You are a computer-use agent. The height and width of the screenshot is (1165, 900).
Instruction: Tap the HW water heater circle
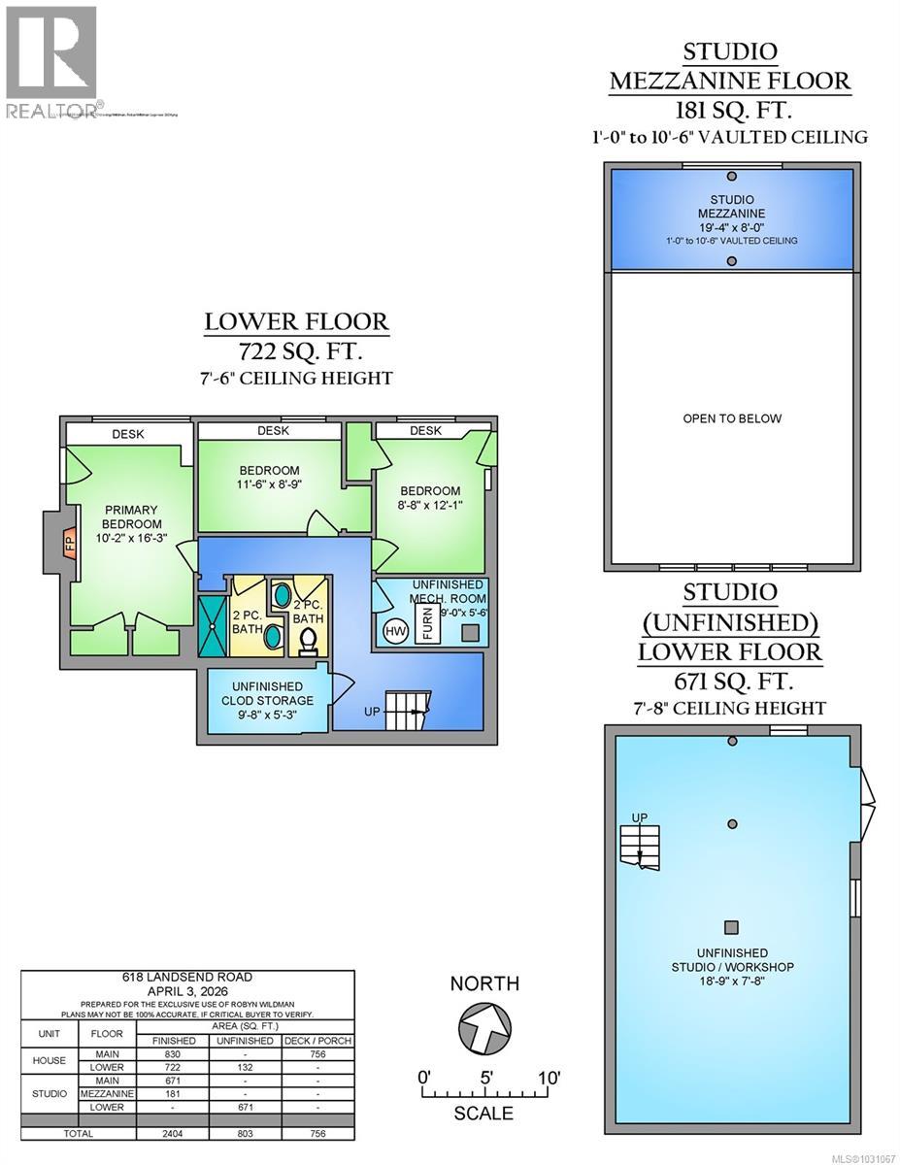tap(395, 631)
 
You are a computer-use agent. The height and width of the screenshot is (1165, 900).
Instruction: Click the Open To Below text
tap(732, 418)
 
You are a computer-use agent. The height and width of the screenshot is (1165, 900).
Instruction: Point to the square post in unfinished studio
tap(732, 926)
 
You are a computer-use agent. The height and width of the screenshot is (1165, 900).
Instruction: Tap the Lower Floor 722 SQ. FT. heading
tap(296, 335)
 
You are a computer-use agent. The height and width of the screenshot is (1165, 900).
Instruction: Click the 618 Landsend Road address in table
tap(186, 976)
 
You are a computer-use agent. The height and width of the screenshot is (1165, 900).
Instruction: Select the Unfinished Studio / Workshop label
tap(733, 960)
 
